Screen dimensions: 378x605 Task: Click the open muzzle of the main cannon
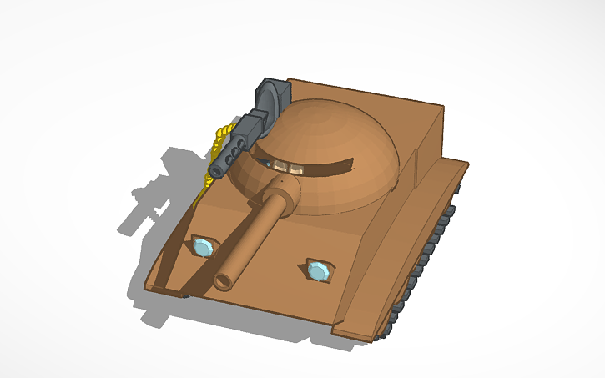[223, 280]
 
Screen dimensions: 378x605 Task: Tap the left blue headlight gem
[203, 247]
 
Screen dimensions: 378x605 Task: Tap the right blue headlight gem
[318, 271]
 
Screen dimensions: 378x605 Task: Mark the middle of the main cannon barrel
[250, 239]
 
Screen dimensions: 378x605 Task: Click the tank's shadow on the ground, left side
[159, 200]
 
